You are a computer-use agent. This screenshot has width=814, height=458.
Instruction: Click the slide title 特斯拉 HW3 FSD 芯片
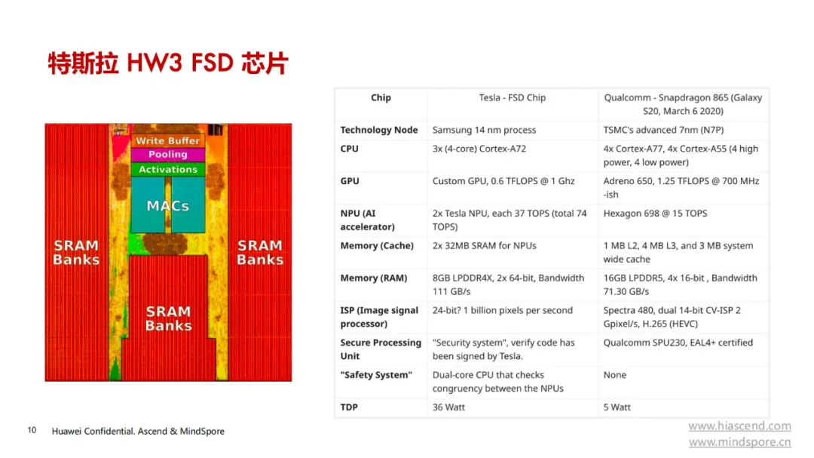point(167,63)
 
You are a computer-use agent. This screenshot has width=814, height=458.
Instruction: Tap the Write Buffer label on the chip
point(167,140)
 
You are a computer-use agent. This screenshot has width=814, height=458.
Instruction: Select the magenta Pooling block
point(167,155)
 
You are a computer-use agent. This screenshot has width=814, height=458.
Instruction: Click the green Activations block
point(167,170)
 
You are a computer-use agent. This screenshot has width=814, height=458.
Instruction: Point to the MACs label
point(167,206)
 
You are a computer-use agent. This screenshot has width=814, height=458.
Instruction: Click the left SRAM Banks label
point(76,252)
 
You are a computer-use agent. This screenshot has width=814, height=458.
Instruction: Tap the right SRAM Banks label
point(260,252)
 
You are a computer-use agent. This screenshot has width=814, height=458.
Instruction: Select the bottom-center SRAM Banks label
point(168,318)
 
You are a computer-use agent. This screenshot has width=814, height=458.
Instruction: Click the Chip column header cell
point(381,98)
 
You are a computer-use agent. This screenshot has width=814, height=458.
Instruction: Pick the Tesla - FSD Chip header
point(513,98)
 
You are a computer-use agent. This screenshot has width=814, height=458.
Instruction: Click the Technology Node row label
point(379,130)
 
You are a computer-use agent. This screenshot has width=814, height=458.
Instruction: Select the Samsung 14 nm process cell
point(485,130)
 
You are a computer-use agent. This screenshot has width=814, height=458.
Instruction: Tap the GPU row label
point(350,181)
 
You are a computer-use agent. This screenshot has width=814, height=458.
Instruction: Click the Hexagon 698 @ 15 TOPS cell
point(655,213)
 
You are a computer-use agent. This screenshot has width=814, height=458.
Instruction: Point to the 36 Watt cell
point(448,407)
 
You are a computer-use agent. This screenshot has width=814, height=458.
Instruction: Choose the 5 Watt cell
point(617,407)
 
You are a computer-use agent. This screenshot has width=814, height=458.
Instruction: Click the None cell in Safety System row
point(615,375)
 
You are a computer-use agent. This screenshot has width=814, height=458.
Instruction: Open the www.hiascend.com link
point(740,426)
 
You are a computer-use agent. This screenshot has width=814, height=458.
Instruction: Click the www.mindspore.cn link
point(740,442)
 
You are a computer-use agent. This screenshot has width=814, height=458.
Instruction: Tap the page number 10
point(32,430)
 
